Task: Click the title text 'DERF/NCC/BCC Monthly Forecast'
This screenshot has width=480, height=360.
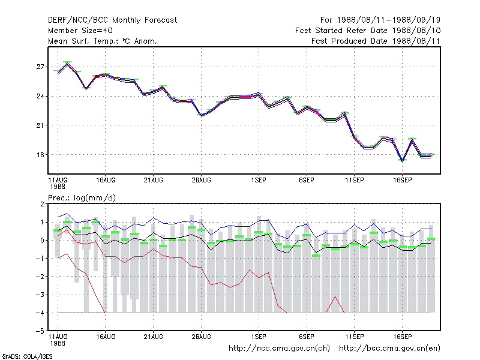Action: tap(112, 20)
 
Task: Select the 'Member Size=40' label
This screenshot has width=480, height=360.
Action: tap(80, 31)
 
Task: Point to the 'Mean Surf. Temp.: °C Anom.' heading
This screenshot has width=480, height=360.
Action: tap(103, 41)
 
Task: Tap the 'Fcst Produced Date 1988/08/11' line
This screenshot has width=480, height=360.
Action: tap(376, 41)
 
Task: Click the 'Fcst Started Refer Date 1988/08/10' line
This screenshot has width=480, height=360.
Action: tap(368, 31)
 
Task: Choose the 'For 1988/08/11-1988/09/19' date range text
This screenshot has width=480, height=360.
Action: tap(380, 20)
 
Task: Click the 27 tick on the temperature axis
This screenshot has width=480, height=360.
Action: tap(40, 67)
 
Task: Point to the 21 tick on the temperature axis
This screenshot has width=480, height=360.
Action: tap(40, 125)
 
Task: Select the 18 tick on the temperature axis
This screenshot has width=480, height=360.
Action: tap(40, 155)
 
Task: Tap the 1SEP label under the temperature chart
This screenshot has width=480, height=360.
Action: tap(259, 181)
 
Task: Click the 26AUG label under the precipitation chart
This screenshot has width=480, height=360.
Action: tap(201, 337)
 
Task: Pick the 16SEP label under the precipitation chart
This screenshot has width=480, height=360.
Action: tap(402, 337)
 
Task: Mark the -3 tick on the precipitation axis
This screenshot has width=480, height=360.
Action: tap(40, 295)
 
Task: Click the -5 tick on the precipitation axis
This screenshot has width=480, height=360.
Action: tap(40, 331)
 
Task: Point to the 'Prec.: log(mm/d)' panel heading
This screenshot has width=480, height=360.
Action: tap(82, 198)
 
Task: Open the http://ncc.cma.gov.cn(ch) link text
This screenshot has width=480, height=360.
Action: tap(279, 349)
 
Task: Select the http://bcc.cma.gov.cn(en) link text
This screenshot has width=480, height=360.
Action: tap(389, 349)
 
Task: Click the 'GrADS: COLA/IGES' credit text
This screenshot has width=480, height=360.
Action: tap(27, 356)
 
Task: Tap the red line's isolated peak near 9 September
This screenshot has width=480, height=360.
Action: tap(335, 296)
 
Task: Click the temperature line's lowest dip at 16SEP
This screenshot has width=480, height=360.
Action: tap(402, 161)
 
